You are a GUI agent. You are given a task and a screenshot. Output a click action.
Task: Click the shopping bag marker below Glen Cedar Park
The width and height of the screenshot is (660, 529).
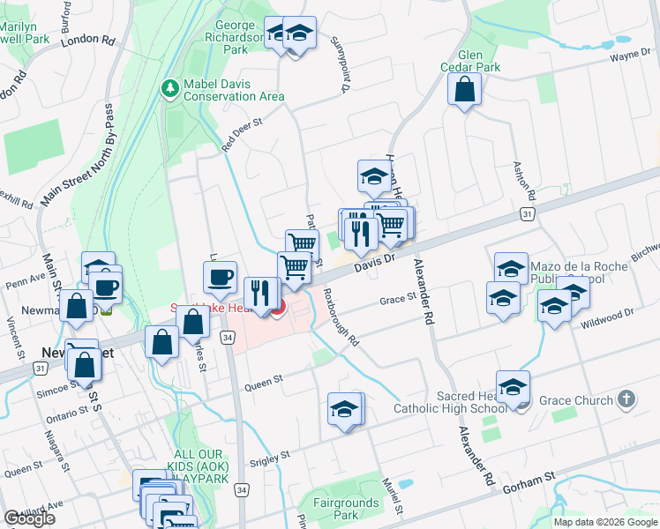(464, 90)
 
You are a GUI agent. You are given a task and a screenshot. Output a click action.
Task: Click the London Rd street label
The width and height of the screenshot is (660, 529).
(89, 41)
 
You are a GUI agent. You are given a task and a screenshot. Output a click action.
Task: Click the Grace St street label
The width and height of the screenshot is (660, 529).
(397, 299)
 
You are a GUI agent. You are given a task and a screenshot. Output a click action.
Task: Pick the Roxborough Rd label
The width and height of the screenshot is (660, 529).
(341, 317)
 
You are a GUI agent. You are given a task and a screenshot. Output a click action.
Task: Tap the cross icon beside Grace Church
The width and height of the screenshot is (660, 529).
(626, 400)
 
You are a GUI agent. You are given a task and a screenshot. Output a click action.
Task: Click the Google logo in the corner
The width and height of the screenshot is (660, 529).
(29, 519)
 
